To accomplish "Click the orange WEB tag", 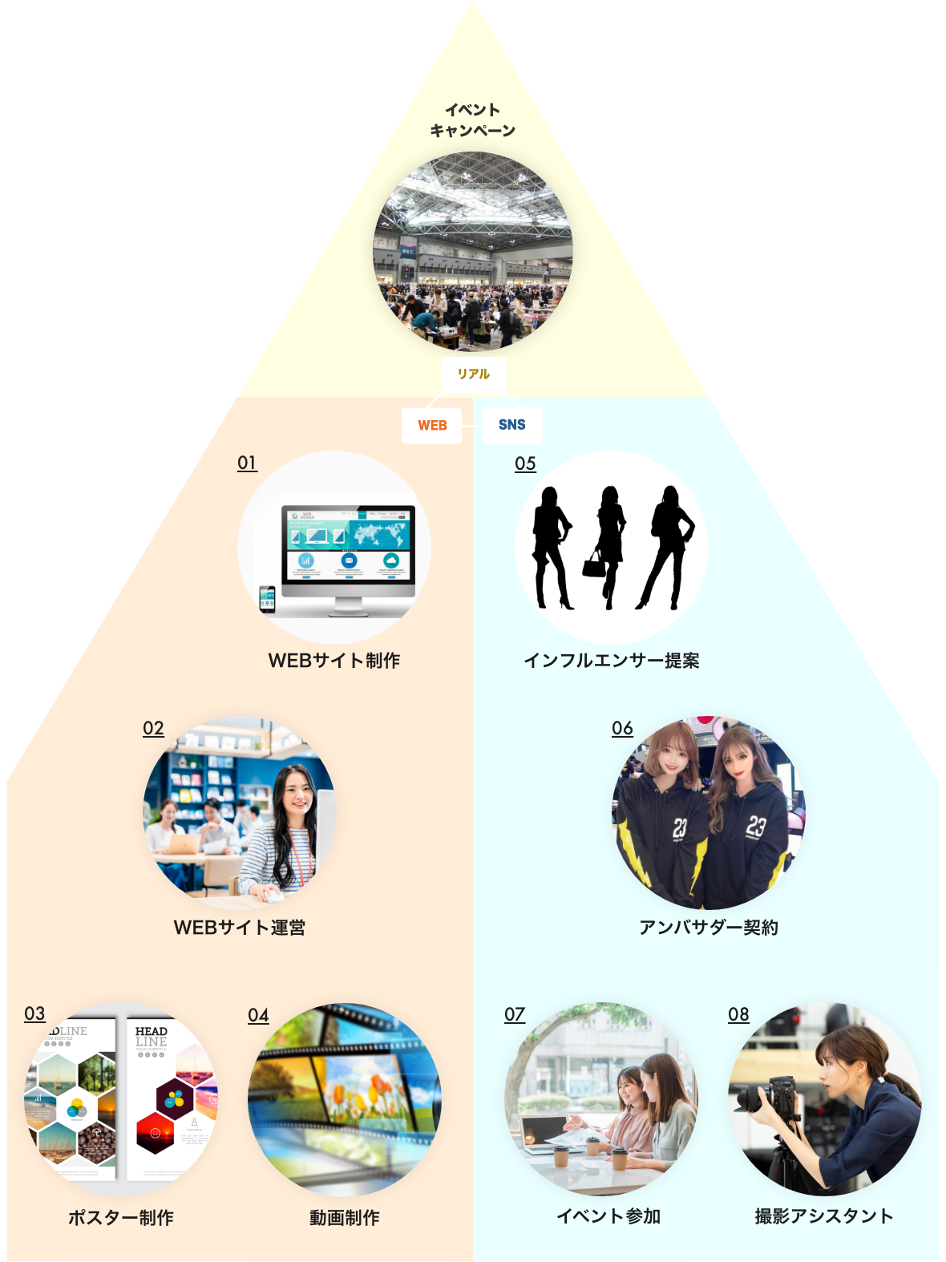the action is click(x=432, y=425).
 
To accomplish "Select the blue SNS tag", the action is click(x=512, y=424).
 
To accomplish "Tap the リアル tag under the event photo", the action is click(x=473, y=374).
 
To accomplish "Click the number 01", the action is click(x=247, y=463).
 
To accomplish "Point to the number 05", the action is click(x=525, y=463).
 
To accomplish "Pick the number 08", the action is click(x=738, y=1014).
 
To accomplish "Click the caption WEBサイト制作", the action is click(x=334, y=661).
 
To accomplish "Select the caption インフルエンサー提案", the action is click(x=612, y=661).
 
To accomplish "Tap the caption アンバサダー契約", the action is click(x=709, y=928).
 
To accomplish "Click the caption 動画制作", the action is click(x=345, y=1218).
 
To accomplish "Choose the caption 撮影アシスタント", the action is click(x=824, y=1216).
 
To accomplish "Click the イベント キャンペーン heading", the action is click(x=473, y=120).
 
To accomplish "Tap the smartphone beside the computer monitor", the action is click(x=268, y=599).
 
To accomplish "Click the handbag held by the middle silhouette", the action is click(x=594, y=565).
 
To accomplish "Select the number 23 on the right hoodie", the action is click(x=756, y=826).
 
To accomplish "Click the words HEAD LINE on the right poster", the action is click(x=151, y=1036).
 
